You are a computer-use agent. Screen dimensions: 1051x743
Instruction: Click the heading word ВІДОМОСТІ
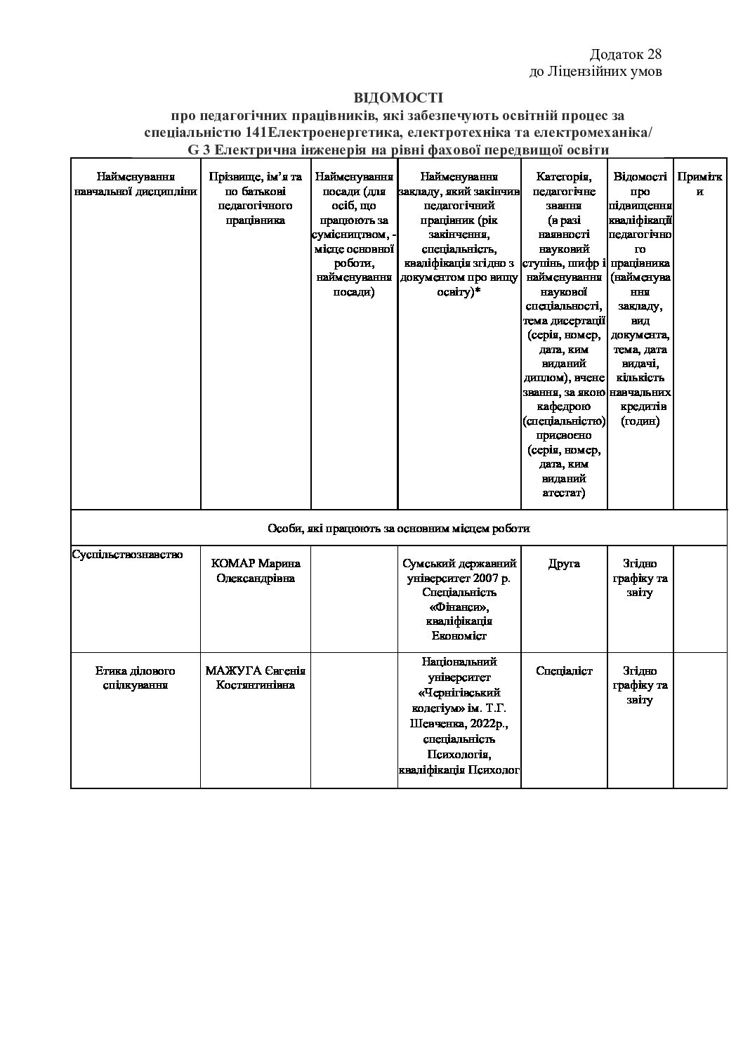tap(398, 97)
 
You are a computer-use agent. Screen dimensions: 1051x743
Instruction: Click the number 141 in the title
tap(256, 133)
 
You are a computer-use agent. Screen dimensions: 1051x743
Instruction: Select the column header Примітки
tap(699, 184)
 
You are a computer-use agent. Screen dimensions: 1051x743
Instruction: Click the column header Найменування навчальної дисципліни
tap(136, 184)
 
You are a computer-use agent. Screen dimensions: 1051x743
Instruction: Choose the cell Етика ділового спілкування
tap(136, 677)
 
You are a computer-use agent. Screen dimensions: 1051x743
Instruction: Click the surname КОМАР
tap(234, 563)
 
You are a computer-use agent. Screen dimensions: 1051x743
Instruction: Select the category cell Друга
tap(564, 563)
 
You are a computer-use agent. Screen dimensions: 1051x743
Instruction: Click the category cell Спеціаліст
tap(564, 670)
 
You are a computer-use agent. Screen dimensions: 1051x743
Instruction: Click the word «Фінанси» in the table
tap(459, 607)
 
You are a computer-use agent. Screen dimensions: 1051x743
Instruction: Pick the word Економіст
tap(459, 635)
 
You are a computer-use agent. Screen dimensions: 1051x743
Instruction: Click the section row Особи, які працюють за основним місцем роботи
tap(398, 528)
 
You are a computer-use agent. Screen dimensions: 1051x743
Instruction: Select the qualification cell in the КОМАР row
tap(640, 578)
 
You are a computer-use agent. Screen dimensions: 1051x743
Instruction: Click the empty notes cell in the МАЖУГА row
tap(699, 720)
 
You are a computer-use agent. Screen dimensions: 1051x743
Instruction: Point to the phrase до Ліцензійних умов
tap(596, 72)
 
